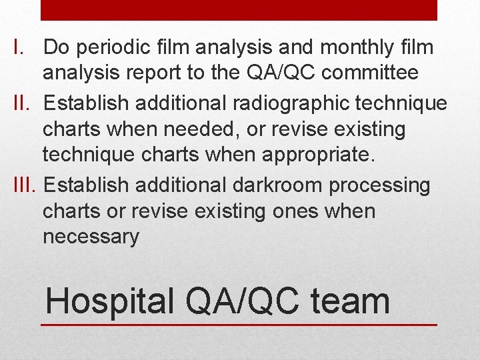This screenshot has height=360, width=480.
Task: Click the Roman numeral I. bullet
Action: (19, 48)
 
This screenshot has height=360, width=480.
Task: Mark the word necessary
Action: (91, 237)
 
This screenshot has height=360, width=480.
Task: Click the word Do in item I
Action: (57, 48)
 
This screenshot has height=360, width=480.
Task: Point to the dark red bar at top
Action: (239, 10)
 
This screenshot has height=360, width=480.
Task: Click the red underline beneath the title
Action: (239, 325)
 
